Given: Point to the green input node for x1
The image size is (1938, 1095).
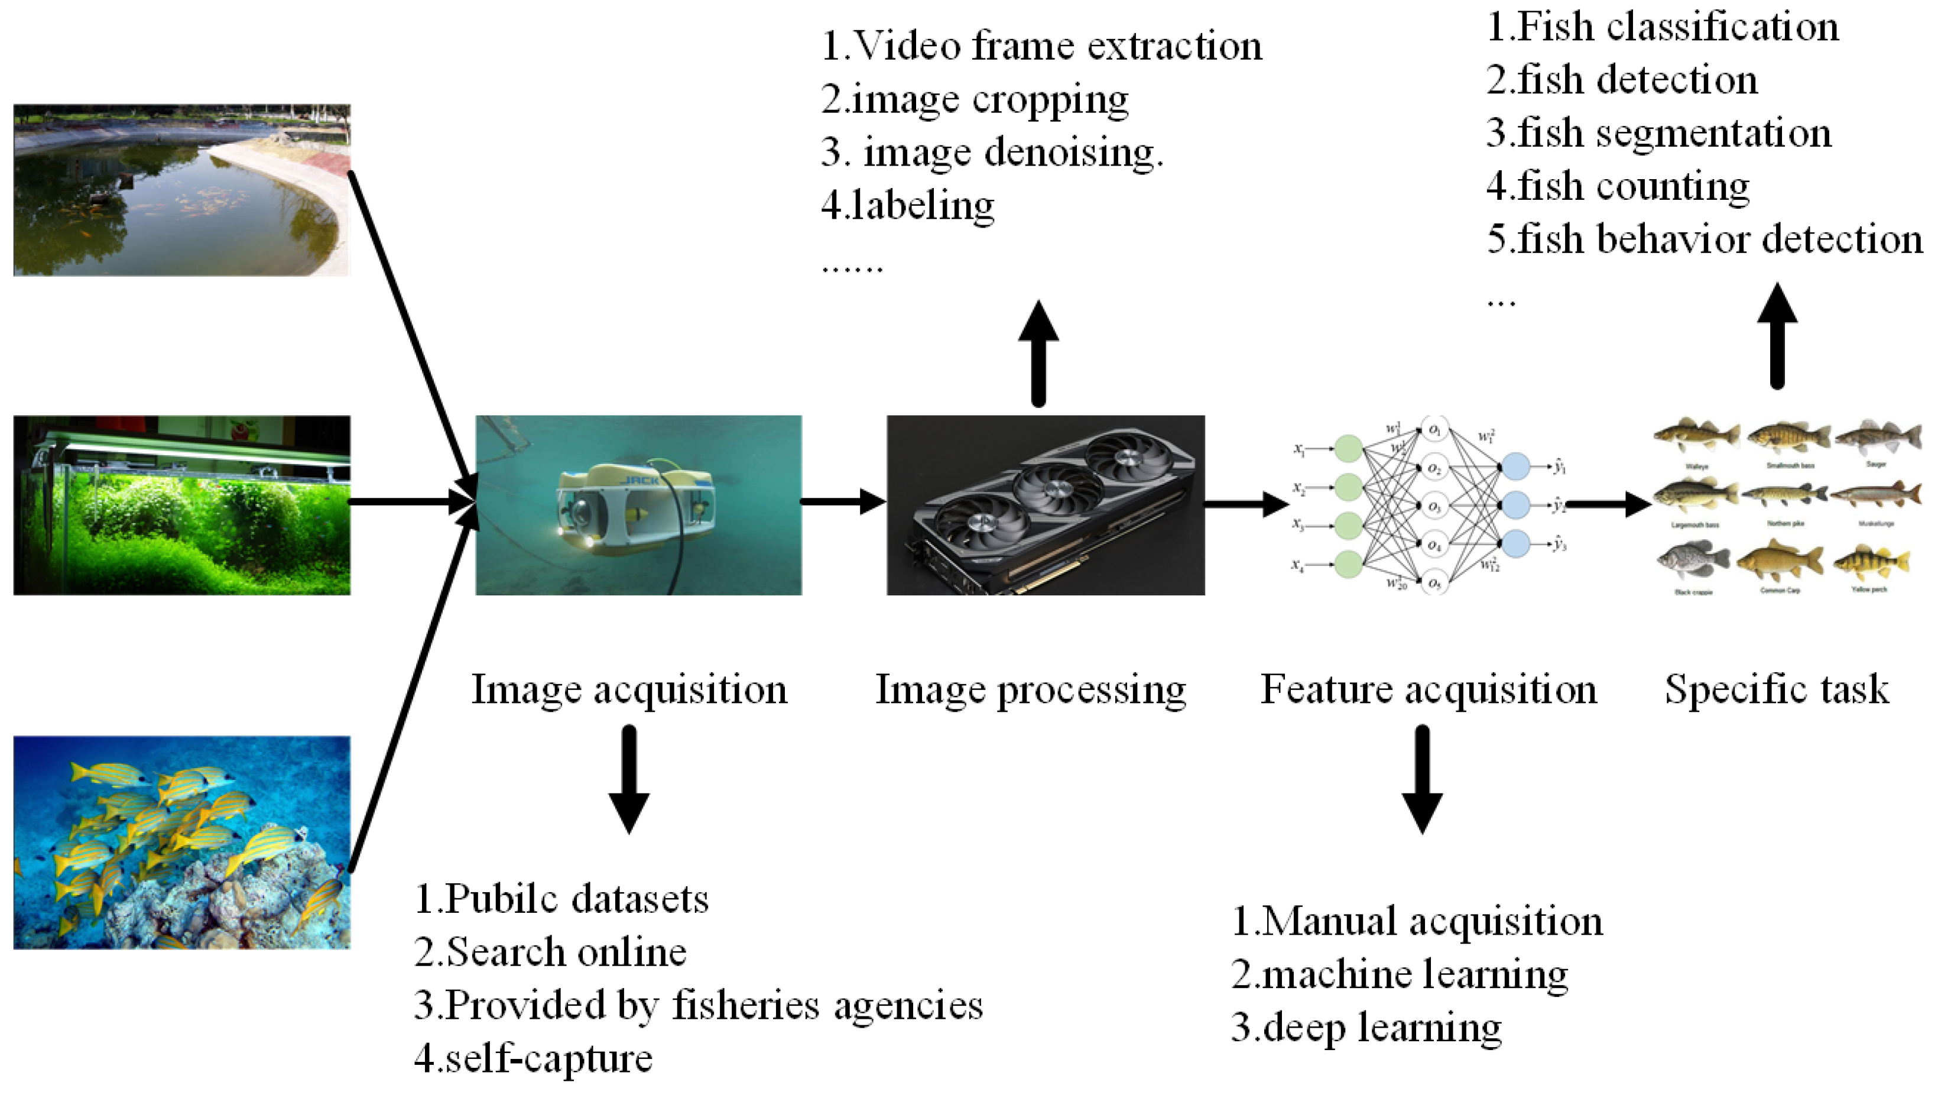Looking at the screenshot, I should point(1348,449).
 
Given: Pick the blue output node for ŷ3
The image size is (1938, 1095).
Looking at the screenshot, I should point(1515,543).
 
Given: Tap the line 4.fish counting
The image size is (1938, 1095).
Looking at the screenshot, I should point(1618,186).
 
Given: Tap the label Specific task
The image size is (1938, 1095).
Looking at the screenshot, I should point(1776,689).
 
